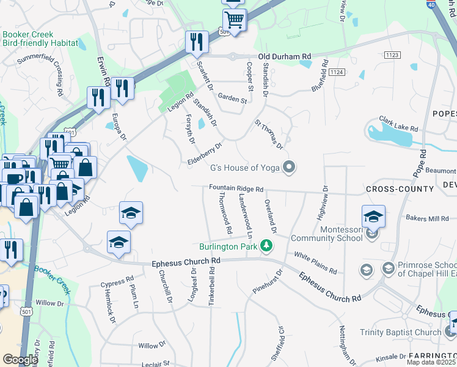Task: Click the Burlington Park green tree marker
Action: (266, 247)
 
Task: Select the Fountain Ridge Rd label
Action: (236, 190)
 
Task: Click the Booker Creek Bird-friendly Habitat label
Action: (40, 39)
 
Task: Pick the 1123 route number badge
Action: (392, 55)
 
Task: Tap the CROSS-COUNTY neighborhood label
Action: (394, 190)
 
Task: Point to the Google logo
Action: (20, 360)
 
